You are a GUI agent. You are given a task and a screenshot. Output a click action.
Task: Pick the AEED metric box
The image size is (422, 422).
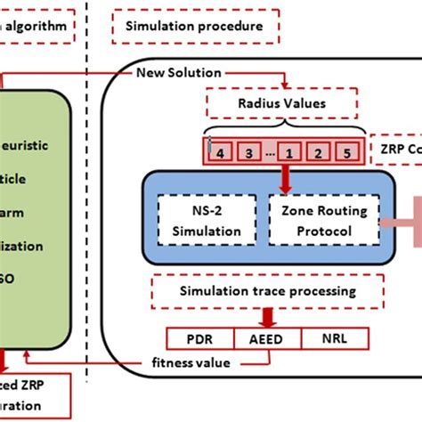[x=267, y=338]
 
